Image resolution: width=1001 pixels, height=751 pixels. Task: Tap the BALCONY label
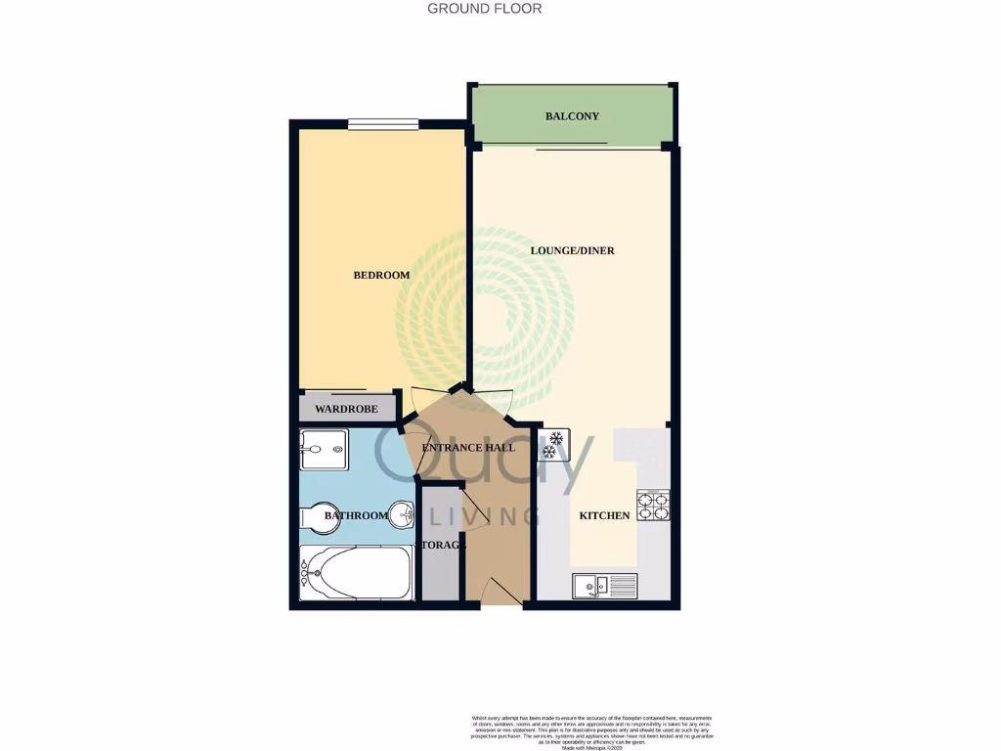(572, 116)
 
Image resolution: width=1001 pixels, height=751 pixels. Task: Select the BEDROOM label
(381, 276)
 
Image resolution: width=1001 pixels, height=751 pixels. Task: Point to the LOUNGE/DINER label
(572, 250)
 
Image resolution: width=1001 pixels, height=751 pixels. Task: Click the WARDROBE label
(346, 409)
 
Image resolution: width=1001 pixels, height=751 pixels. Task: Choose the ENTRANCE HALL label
(467, 448)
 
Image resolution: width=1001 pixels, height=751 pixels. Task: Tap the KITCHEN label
(604, 515)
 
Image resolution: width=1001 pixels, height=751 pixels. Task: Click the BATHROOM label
(356, 515)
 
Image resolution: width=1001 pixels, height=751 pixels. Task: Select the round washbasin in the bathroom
(402, 515)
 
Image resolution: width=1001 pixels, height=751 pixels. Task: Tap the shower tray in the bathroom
(324, 450)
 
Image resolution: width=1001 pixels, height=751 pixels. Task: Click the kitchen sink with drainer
(604, 586)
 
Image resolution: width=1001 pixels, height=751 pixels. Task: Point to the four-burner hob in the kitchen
(653, 505)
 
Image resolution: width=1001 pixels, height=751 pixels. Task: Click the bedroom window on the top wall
(383, 124)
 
